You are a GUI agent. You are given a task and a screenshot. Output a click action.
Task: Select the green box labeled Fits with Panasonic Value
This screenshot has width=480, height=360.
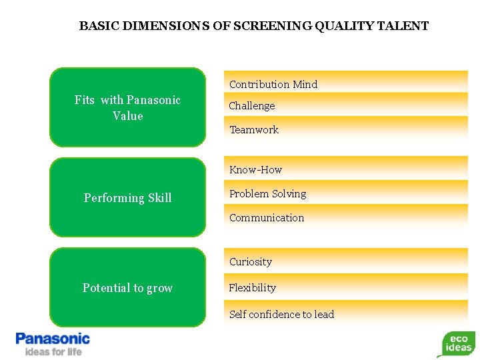pyautogui.click(x=127, y=107)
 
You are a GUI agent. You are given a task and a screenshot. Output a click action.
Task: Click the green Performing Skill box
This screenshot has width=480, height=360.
pyautogui.click(x=127, y=197)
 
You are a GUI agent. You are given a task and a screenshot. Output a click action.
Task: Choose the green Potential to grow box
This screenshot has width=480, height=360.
pyautogui.click(x=127, y=287)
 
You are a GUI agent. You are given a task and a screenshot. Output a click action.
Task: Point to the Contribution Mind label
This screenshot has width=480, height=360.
pyautogui.click(x=273, y=84)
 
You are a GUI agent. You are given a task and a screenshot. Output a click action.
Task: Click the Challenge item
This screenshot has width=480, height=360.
pyautogui.click(x=252, y=105)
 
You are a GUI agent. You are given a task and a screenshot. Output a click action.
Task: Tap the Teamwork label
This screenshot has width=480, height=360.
pyautogui.click(x=254, y=129)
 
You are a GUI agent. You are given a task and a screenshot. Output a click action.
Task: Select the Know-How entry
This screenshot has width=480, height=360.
pyautogui.click(x=256, y=169)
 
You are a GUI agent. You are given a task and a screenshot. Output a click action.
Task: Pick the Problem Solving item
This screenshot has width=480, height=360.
pyautogui.click(x=267, y=193)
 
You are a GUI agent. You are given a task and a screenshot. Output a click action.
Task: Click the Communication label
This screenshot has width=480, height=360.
pyautogui.click(x=267, y=217)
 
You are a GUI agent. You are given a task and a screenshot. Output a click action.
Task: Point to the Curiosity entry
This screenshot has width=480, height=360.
pyautogui.click(x=251, y=261)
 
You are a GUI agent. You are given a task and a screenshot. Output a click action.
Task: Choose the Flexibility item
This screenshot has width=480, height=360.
pyautogui.click(x=253, y=287)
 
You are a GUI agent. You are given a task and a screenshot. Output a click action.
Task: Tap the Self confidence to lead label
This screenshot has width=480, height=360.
pyautogui.click(x=281, y=314)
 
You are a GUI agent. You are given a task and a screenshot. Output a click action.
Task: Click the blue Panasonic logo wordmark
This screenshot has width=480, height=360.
pyautogui.click(x=53, y=339)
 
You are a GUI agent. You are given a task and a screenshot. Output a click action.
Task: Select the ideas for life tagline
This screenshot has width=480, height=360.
pyautogui.click(x=53, y=351)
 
